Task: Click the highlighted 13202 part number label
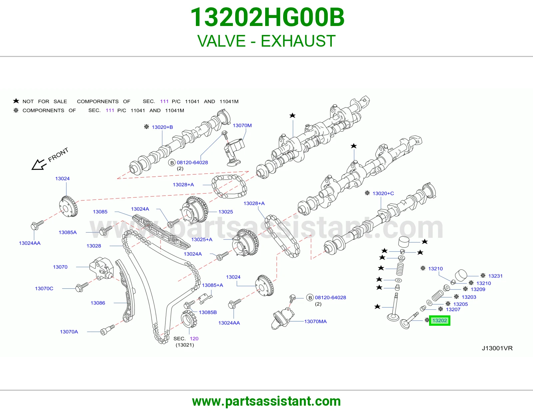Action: tap(439, 320)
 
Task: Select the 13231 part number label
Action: tap(495, 276)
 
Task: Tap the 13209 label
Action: tap(478, 289)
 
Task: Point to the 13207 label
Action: tap(453, 309)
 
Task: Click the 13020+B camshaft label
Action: tap(162, 127)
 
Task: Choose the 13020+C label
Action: tap(383, 193)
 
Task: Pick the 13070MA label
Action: tap(315, 321)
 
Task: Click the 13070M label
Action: tap(242, 125)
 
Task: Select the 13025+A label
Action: tap(202, 239)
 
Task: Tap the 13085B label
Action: tap(208, 312)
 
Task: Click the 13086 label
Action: tap(98, 303)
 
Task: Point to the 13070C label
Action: tap(44, 288)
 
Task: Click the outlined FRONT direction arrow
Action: tap(38, 165)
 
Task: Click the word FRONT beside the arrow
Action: tap(58, 155)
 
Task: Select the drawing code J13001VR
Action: tap(497, 348)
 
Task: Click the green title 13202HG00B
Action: tap(267, 17)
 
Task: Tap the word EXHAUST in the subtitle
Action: tap(298, 41)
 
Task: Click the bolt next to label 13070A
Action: tap(107, 330)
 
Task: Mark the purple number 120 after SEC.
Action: tap(194, 338)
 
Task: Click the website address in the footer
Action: tap(266, 401)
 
